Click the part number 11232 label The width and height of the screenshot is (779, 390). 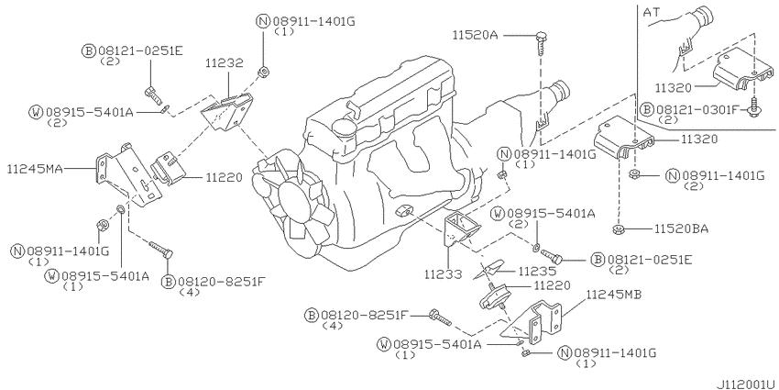point(223,64)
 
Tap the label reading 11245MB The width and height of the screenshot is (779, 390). point(611,296)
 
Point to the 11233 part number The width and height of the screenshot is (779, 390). point(443,273)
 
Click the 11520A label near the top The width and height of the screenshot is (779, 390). point(475,35)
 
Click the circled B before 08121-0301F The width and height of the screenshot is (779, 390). point(647,108)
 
